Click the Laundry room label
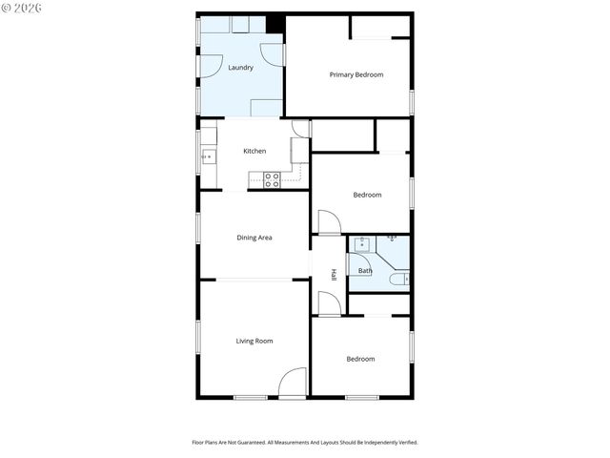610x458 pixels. click(x=240, y=68)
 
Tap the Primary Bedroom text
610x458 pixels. click(x=356, y=74)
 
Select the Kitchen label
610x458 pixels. click(x=254, y=152)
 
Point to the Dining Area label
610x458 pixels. click(x=254, y=238)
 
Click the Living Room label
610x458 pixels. click(x=254, y=341)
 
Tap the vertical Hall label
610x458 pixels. click(x=334, y=274)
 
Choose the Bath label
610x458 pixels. click(x=365, y=271)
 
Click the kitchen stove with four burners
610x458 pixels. click(x=273, y=179)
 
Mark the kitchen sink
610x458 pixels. click(x=207, y=156)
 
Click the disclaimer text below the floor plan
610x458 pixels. click(x=305, y=443)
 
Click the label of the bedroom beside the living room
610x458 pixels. click(x=360, y=359)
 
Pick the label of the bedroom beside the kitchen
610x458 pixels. click(x=367, y=195)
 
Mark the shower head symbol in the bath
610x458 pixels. click(x=392, y=238)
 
